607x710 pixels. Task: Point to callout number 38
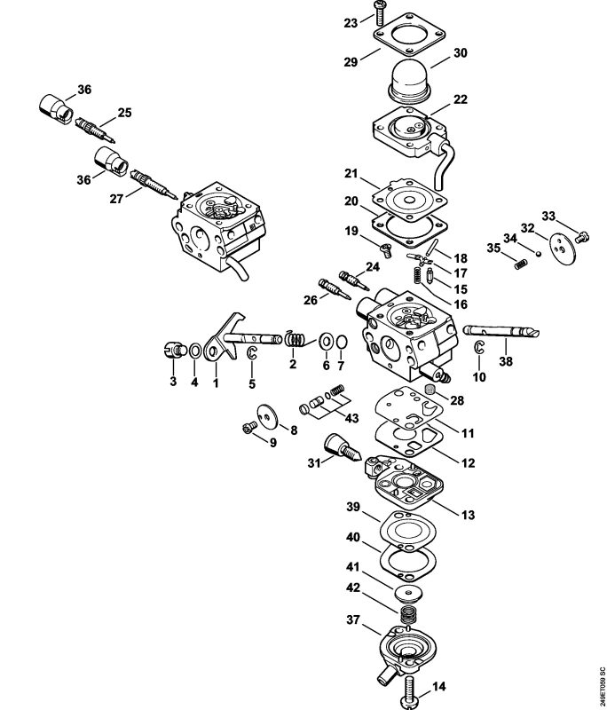pyautogui.click(x=506, y=362)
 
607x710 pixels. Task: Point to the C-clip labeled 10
pyautogui.click(x=479, y=347)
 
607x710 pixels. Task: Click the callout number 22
pyautogui.click(x=460, y=99)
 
